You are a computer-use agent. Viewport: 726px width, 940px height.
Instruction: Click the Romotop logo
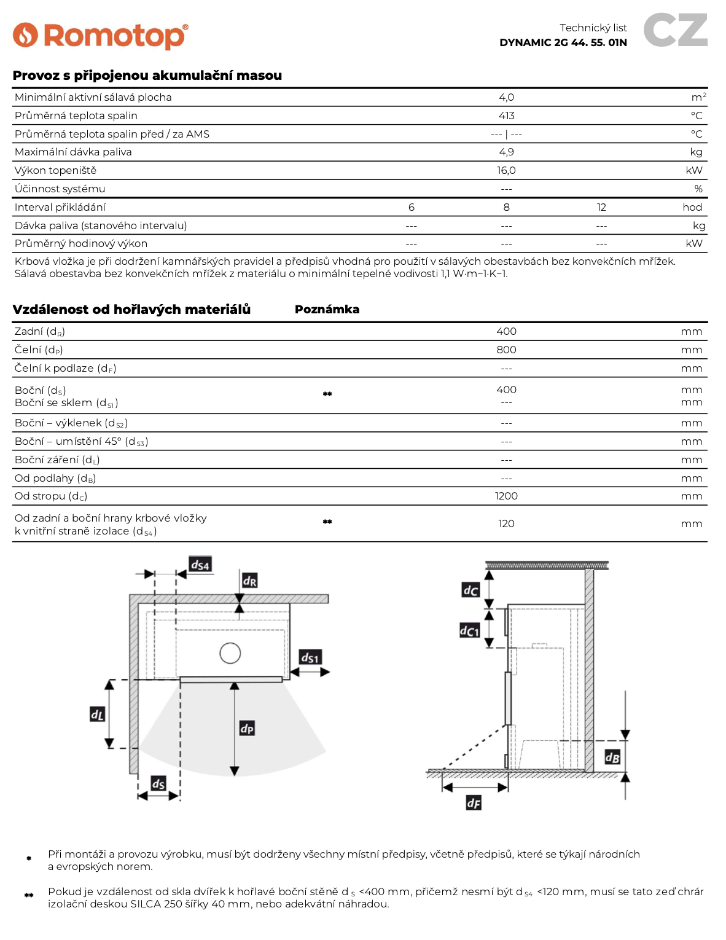tap(100, 36)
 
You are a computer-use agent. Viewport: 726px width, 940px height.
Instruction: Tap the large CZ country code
tap(675, 31)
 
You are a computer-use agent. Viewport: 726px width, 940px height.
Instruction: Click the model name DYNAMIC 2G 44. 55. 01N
tap(563, 42)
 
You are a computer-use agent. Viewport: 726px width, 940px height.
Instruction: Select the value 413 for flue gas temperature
tap(506, 116)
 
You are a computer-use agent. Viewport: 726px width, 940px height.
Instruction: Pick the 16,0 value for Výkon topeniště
tap(506, 170)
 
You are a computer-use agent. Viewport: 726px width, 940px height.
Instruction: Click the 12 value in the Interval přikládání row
tap(601, 207)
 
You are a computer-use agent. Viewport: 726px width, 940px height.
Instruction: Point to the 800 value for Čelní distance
tap(506, 350)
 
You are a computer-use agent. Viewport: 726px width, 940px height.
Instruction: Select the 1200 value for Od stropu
tap(506, 496)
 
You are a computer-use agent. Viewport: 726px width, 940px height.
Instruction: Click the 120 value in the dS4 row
tap(506, 523)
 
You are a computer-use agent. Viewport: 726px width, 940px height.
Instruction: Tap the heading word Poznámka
tap(327, 309)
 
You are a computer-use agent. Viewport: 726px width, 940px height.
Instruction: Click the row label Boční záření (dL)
tap(57, 460)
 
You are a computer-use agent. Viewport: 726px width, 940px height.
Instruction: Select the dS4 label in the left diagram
tap(200, 564)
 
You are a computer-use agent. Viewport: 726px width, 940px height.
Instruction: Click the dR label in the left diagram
tap(249, 580)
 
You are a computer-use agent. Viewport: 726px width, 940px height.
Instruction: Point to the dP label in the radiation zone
tap(247, 728)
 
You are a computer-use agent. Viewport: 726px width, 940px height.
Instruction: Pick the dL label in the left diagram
tap(97, 714)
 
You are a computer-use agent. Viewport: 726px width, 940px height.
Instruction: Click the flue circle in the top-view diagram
tap(230, 652)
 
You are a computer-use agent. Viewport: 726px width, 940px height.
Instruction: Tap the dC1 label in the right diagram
tap(469, 630)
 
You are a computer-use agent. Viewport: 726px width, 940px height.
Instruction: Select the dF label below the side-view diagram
tap(474, 802)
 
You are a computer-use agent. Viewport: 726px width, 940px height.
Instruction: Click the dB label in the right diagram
tap(612, 757)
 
